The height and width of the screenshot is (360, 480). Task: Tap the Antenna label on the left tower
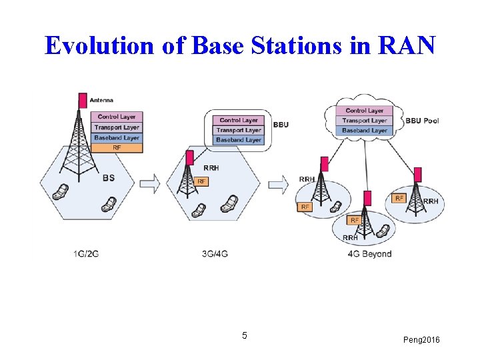pos(101,101)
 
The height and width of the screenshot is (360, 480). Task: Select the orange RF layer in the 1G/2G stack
pos(117,147)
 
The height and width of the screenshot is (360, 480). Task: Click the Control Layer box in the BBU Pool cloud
pos(365,111)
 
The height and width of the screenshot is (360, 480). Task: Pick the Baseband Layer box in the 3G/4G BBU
pos(239,140)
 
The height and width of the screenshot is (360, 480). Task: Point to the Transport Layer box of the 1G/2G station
pos(117,127)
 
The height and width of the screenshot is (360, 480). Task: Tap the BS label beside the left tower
pos(109,178)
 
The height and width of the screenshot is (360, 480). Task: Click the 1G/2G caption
pos(86,253)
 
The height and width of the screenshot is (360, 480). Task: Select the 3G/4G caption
pos(215,253)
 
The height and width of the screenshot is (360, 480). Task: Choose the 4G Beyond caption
pos(369,254)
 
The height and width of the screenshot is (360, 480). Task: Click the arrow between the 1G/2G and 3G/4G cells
pos(151,183)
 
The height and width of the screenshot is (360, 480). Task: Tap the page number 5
pos(245,335)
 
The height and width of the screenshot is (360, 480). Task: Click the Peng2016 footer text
pos(421,341)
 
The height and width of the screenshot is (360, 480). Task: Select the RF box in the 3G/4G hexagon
pos(202,181)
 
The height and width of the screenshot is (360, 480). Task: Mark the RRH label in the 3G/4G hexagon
pos(211,168)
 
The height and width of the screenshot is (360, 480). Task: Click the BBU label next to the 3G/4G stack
pos(281,125)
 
